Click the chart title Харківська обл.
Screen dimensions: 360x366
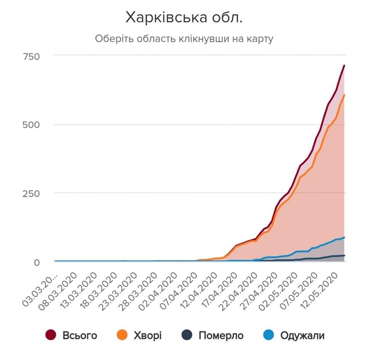(x=184, y=18)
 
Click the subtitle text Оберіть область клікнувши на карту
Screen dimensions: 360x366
(x=184, y=39)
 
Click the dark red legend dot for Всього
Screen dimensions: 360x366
(x=51, y=335)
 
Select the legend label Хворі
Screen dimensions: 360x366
(x=148, y=336)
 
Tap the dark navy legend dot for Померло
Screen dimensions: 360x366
(x=186, y=335)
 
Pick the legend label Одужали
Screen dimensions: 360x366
(x=302, y=336)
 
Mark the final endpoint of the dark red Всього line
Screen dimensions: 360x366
(x=344, y=66)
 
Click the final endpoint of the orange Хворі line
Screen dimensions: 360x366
(x=344, y=95)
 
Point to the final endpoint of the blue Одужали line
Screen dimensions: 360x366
(x=344, y=237)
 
